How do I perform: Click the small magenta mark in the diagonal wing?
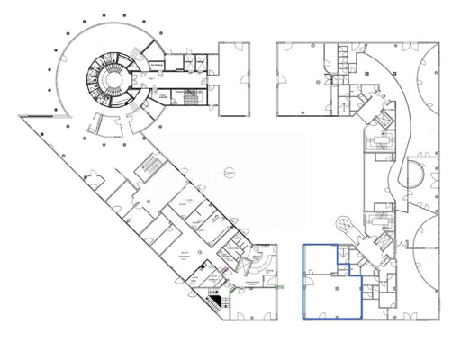click(x=222, y=267)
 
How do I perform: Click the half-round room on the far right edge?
click(x=416, y=175)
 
